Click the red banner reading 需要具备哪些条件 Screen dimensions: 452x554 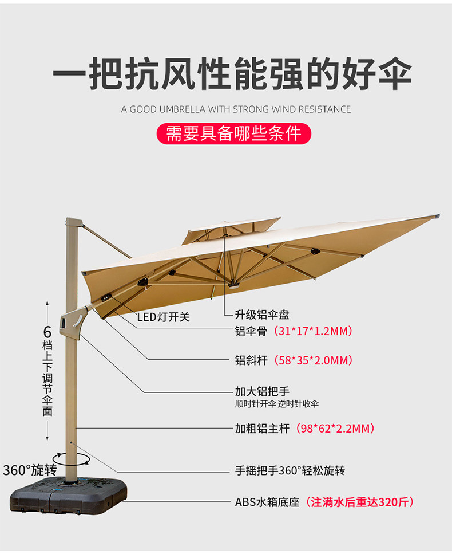pos(233,133)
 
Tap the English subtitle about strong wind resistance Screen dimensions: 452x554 pos(236,109)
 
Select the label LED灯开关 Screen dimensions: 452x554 pos(163,317)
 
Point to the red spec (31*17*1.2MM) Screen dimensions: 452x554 pos(313,331)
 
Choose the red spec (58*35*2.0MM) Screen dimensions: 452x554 pos(313,360)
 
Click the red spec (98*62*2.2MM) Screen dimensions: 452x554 pos(335,428)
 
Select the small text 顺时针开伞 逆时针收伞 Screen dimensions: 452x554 pos(277,404)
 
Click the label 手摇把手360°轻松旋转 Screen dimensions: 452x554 pos(290,471)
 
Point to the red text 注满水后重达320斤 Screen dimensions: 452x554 pos(359,502)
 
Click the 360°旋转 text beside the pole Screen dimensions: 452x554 pos(29,470)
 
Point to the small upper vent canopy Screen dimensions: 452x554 pos(232,229)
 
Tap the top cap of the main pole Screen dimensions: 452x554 pos(72,222)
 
